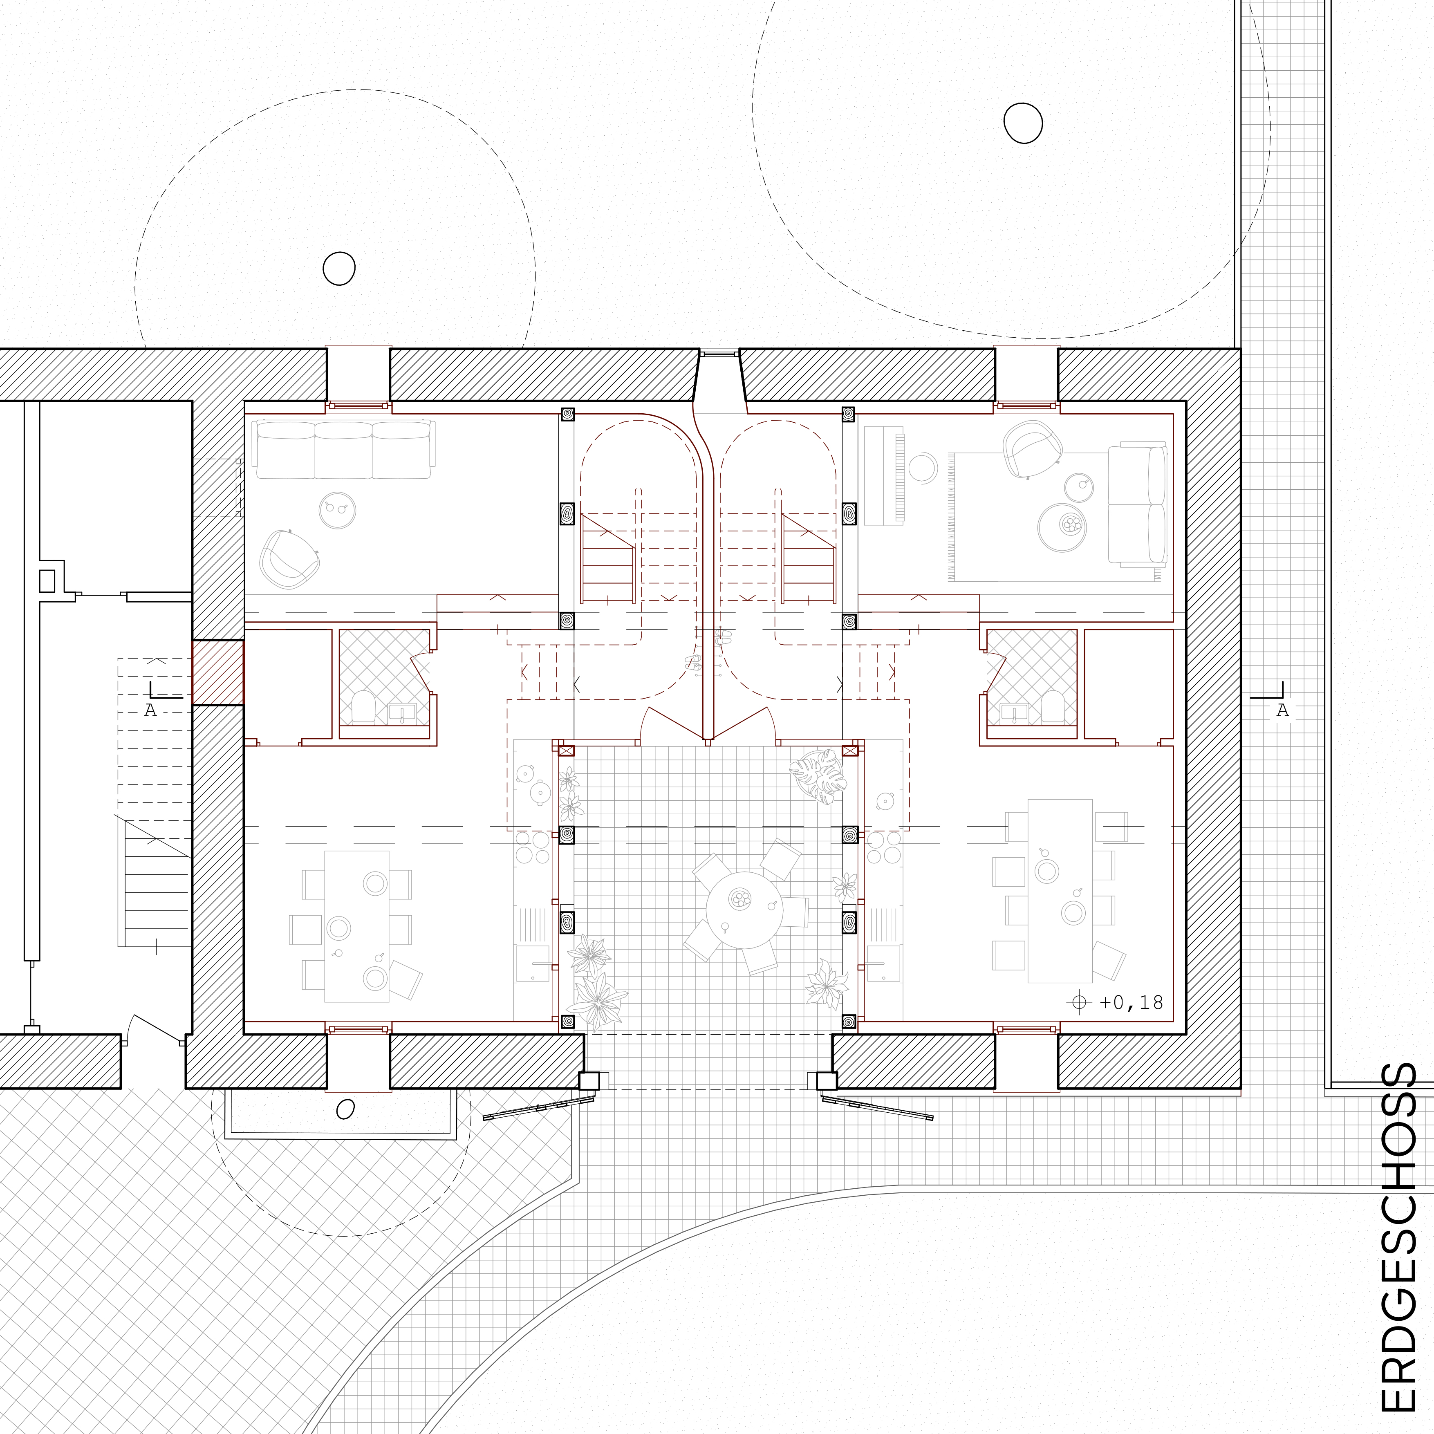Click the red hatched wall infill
[x=218, y=672]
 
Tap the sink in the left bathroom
[x=402, y=713]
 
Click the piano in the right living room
[x=884, y=476]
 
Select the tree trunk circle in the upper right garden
[x=1023, y=123]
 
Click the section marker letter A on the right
[x=1283, y=710]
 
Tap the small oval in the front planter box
[x=345, y=1110]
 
